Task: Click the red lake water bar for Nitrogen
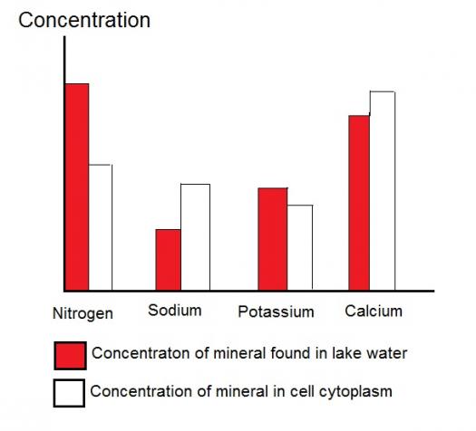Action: [x=77, y=187]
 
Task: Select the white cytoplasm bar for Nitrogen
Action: [x=101, y=227]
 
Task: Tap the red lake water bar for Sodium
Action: [x=168, y=260]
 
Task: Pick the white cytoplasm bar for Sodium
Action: [x=195, y=237]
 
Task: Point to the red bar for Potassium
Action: [x=273, y=239]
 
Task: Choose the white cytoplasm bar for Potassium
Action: [x=300, y=247]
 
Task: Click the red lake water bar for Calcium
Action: [x=359, y=203]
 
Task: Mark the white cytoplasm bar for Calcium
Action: [x=383, y=191]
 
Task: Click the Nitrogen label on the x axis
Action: [x=83, y=313]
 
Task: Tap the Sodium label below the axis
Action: [x=175, y=311]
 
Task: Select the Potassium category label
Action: [x=276, y=311]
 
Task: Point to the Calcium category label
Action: [x=374, y=311]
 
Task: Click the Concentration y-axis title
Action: [x=84, y=20]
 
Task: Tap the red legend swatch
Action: [x=70, y=356]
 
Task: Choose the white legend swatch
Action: [x=69, y=393]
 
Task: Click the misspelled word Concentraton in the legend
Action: [x=141, y=353]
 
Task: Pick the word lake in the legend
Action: [x=345, y=353]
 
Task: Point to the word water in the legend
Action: [x=384, y=353]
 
